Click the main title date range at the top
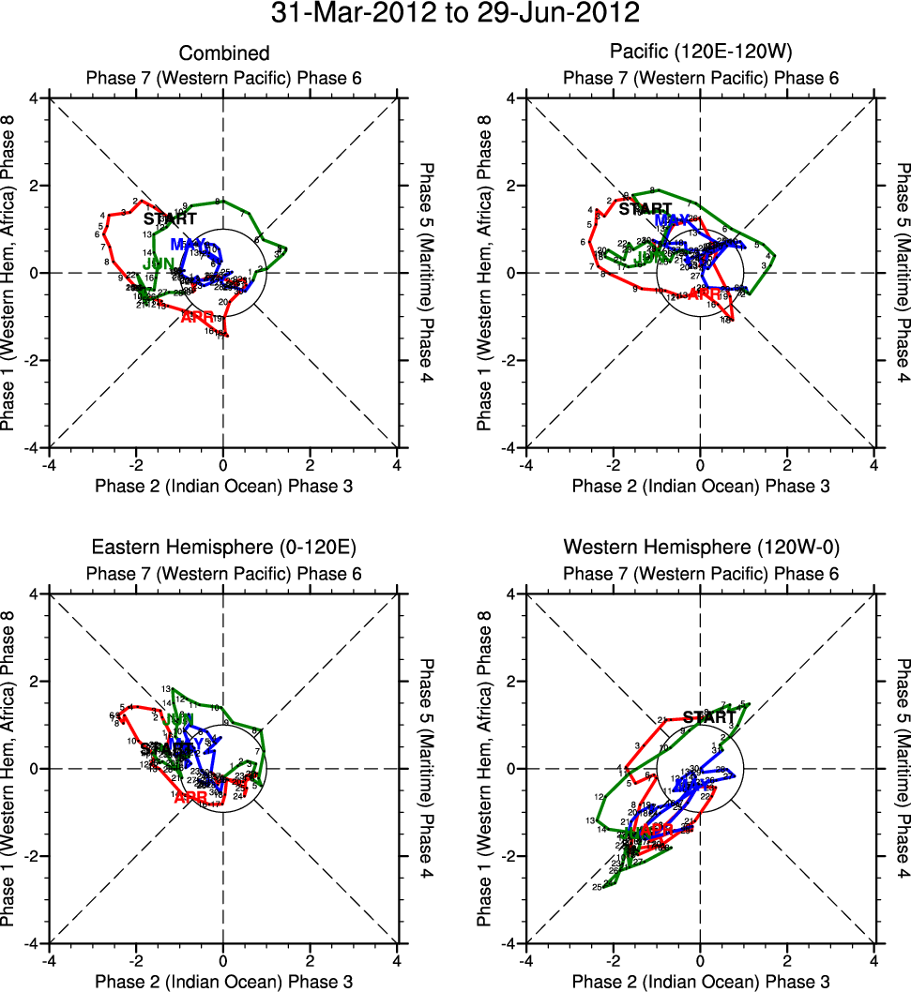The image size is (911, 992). click(x=455, y=14)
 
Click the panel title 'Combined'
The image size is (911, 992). click(x=223, y=53)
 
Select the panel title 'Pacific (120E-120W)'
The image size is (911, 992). click(x=700, y=53)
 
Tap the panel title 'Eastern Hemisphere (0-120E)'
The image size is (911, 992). click(x=223, y=549)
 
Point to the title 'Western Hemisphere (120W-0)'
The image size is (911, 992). click(x=700, y=549)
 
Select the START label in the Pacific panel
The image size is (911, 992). click(x=645, y=209)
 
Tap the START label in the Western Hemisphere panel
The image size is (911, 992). click(x=709, y=717)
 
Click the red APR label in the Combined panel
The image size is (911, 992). click(x=199, y=317)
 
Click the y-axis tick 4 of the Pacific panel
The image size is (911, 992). click(x=513, y=98)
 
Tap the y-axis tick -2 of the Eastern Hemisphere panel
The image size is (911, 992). click(x=35, y=856)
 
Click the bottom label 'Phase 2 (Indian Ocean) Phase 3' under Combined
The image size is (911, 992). click(x=223, y=485)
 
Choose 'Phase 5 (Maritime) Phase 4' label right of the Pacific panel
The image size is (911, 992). click(x=902, y=273)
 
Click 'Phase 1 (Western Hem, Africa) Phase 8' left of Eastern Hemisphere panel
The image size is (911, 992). click(x=11, y=769)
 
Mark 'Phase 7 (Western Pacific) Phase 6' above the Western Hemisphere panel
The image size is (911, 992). click(x=700, y=573)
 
